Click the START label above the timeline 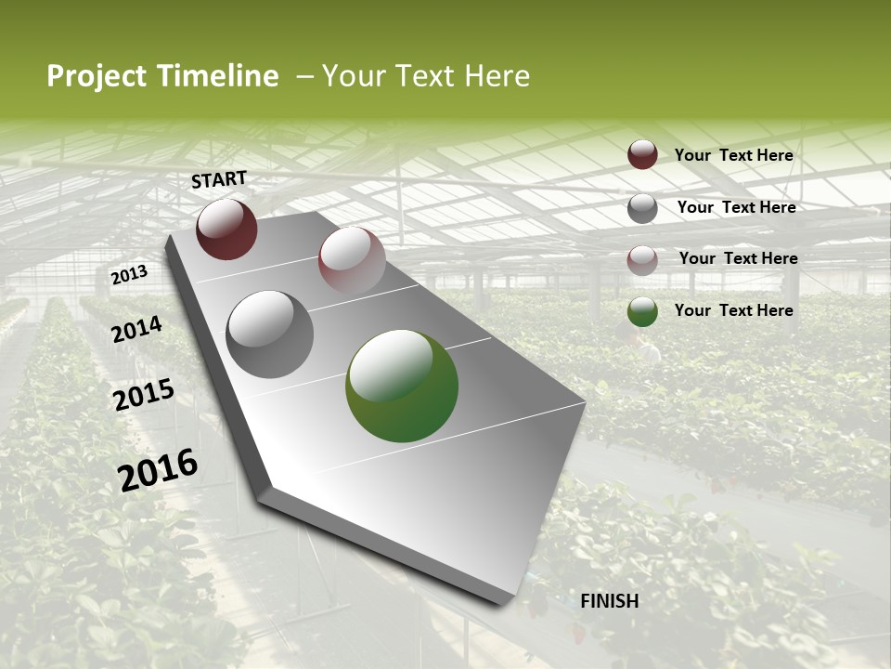219,179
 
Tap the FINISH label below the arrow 609,601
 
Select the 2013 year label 129,274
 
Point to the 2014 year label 137,330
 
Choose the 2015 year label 144,395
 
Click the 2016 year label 158,469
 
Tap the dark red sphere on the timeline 226,229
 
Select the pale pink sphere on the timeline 351,260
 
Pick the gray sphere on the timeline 270,334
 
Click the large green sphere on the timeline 401,386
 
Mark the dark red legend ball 642,155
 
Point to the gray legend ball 642,207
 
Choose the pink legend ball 642,259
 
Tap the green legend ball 642,311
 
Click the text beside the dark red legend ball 733,155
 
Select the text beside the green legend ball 733,310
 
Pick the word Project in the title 97,76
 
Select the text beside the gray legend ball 736,207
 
